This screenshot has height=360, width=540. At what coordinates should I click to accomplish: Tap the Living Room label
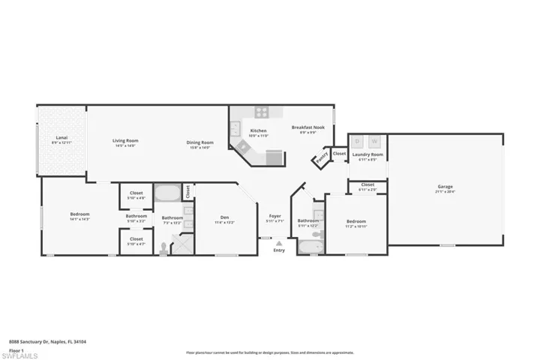[125, 140]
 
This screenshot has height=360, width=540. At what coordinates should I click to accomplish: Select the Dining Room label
[200, 142]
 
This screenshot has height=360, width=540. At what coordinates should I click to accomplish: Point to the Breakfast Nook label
[307, 127]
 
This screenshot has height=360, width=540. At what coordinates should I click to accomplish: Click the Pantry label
[321, 158]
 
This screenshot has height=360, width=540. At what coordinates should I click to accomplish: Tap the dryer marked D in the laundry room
[358, 140]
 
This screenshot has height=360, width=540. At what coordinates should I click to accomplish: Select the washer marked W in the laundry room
[375, 140]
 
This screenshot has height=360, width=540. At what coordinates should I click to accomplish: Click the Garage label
[445, 187]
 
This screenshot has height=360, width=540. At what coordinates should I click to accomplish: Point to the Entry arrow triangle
[279, 243]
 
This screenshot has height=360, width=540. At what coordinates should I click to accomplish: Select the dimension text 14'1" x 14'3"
[79, 220]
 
